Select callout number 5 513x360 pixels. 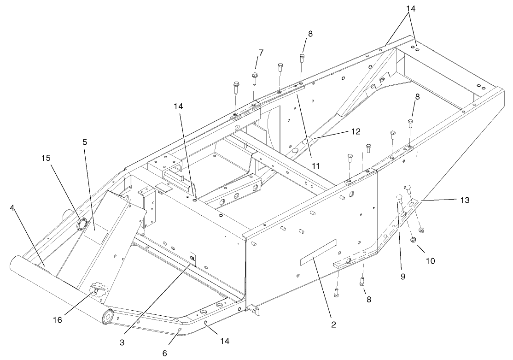[84, 142]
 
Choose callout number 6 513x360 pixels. [164, 353]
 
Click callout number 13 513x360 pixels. [464, 200]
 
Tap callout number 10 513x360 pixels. [430, 260]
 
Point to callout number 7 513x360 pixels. [261, 53]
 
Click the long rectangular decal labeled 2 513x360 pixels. [318, 253]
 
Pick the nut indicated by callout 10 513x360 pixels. [413, 239]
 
